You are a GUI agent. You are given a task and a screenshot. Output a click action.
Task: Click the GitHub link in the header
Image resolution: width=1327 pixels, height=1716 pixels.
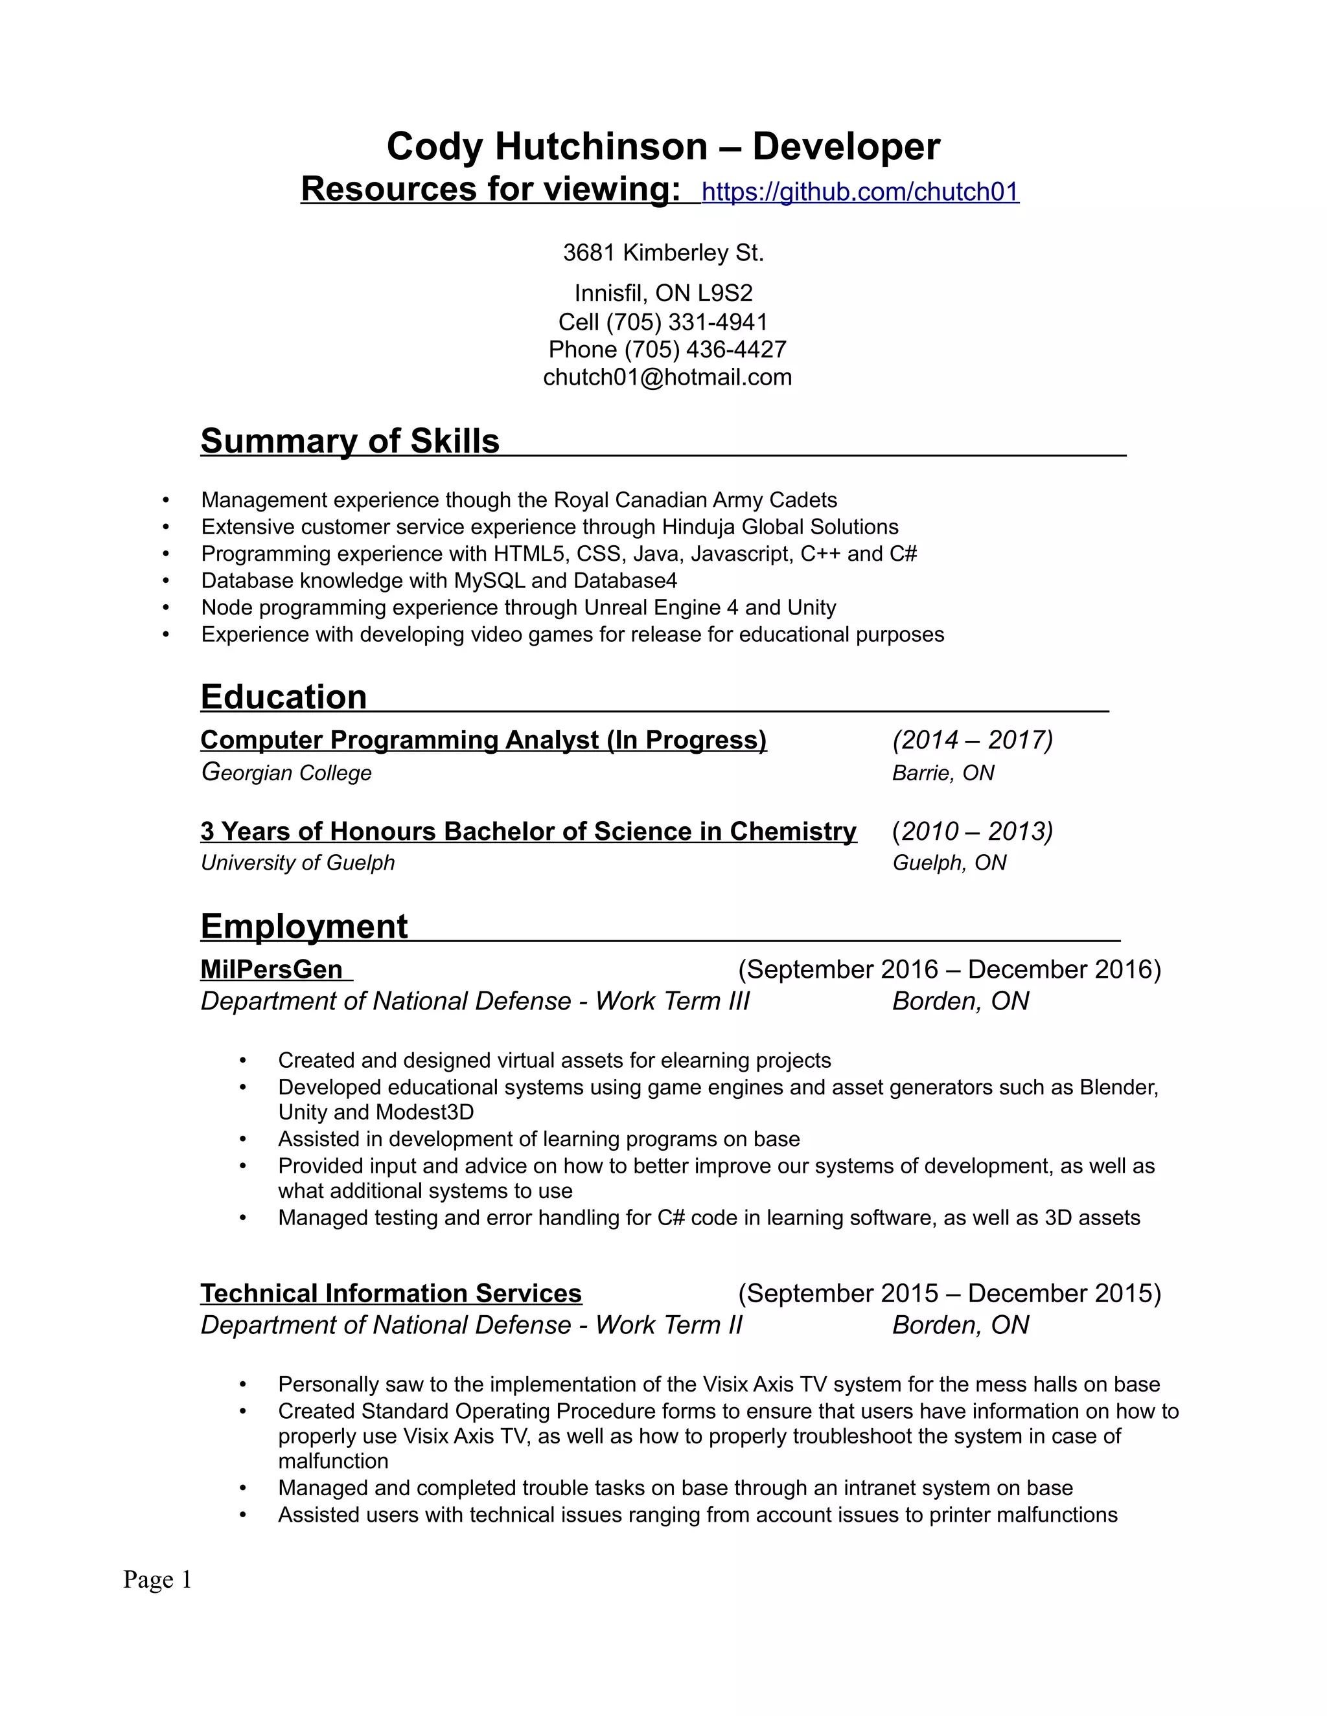[x=860, y=192]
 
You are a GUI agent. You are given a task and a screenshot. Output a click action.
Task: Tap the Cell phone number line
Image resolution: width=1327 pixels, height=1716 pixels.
[x=663, y=321]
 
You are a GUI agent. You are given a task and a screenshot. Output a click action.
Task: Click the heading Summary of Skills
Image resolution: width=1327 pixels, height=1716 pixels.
[x=350, y=441]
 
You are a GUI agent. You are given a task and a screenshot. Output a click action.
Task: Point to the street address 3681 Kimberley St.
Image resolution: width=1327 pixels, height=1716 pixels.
[x=663, y=253]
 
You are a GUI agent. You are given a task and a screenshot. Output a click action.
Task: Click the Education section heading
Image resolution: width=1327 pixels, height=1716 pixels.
[x=284, y=697]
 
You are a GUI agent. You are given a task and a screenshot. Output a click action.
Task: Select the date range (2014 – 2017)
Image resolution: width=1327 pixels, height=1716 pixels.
[x=973, y=739]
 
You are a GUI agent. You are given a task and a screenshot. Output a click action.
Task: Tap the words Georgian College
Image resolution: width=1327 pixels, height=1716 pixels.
[x=286, y=773]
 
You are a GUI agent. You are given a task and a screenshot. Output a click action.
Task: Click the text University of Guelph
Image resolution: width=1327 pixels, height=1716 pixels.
[x=297, y=863]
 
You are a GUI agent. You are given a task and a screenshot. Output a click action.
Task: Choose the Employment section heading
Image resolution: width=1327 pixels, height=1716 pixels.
[x=305, y=927]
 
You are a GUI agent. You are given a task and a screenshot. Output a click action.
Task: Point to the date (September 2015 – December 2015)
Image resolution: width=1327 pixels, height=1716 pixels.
[x=949, y=1293]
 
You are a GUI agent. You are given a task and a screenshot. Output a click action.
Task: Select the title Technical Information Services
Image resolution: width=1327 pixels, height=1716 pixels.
[x=391, y=1293]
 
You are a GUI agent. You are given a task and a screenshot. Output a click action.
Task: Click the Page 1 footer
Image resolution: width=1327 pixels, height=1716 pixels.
[x=157, y=1579]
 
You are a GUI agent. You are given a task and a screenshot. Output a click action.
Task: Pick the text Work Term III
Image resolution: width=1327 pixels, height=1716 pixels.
[x=672, y=1001]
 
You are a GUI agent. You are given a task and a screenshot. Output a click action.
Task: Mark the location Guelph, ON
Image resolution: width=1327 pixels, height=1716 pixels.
[x=949, y=863]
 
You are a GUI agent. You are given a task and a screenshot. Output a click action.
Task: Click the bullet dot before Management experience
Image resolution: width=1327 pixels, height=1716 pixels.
[x=166, y=501]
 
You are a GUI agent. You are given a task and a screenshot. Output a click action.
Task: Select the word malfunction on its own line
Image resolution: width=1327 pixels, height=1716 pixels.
[x=333, y=1461]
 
